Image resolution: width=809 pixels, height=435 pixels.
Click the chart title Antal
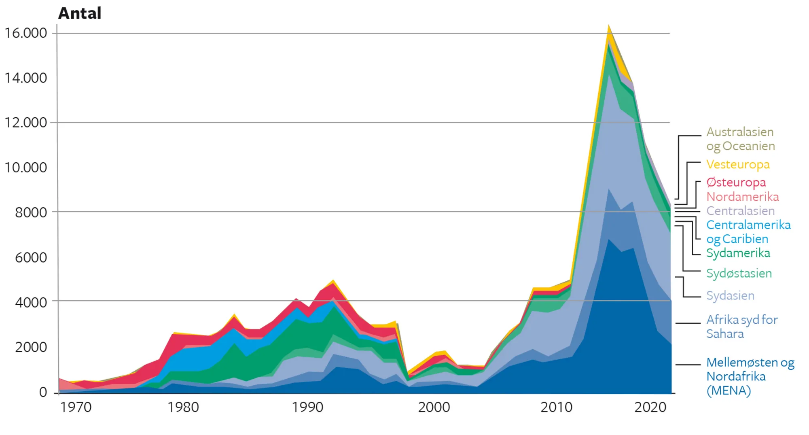click(80, 13)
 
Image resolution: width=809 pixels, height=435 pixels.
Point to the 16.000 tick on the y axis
click(25, 33)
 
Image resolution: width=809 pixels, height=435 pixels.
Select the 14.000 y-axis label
click(25, 78)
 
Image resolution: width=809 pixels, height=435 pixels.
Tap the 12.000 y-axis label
click(25, 123)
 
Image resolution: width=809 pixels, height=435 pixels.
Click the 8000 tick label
click(31, 212)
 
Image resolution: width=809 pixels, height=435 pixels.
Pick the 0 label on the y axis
click(43, 392)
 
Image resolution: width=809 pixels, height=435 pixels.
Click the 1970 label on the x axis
click(76, 407)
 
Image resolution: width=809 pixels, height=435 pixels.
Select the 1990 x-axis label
click(307, 407)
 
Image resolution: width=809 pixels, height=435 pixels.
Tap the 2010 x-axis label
click(556, 407)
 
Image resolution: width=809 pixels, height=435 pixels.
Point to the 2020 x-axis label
click(650, 407)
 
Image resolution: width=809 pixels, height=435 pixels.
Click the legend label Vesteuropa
click(738, 165)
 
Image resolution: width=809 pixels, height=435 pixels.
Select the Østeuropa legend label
click(736, 182)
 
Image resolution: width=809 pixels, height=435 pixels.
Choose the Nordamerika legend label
click(742, 197)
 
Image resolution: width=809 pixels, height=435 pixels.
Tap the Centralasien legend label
click(740, 211)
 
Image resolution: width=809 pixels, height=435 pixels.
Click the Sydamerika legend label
click(738, 253)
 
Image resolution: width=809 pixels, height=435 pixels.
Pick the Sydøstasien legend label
click(739, 274)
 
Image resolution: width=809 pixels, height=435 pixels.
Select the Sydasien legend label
click(730, 296)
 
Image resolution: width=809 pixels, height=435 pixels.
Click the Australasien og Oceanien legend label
click(740, 139)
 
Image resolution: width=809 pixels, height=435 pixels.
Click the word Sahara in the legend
click(725, 334)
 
